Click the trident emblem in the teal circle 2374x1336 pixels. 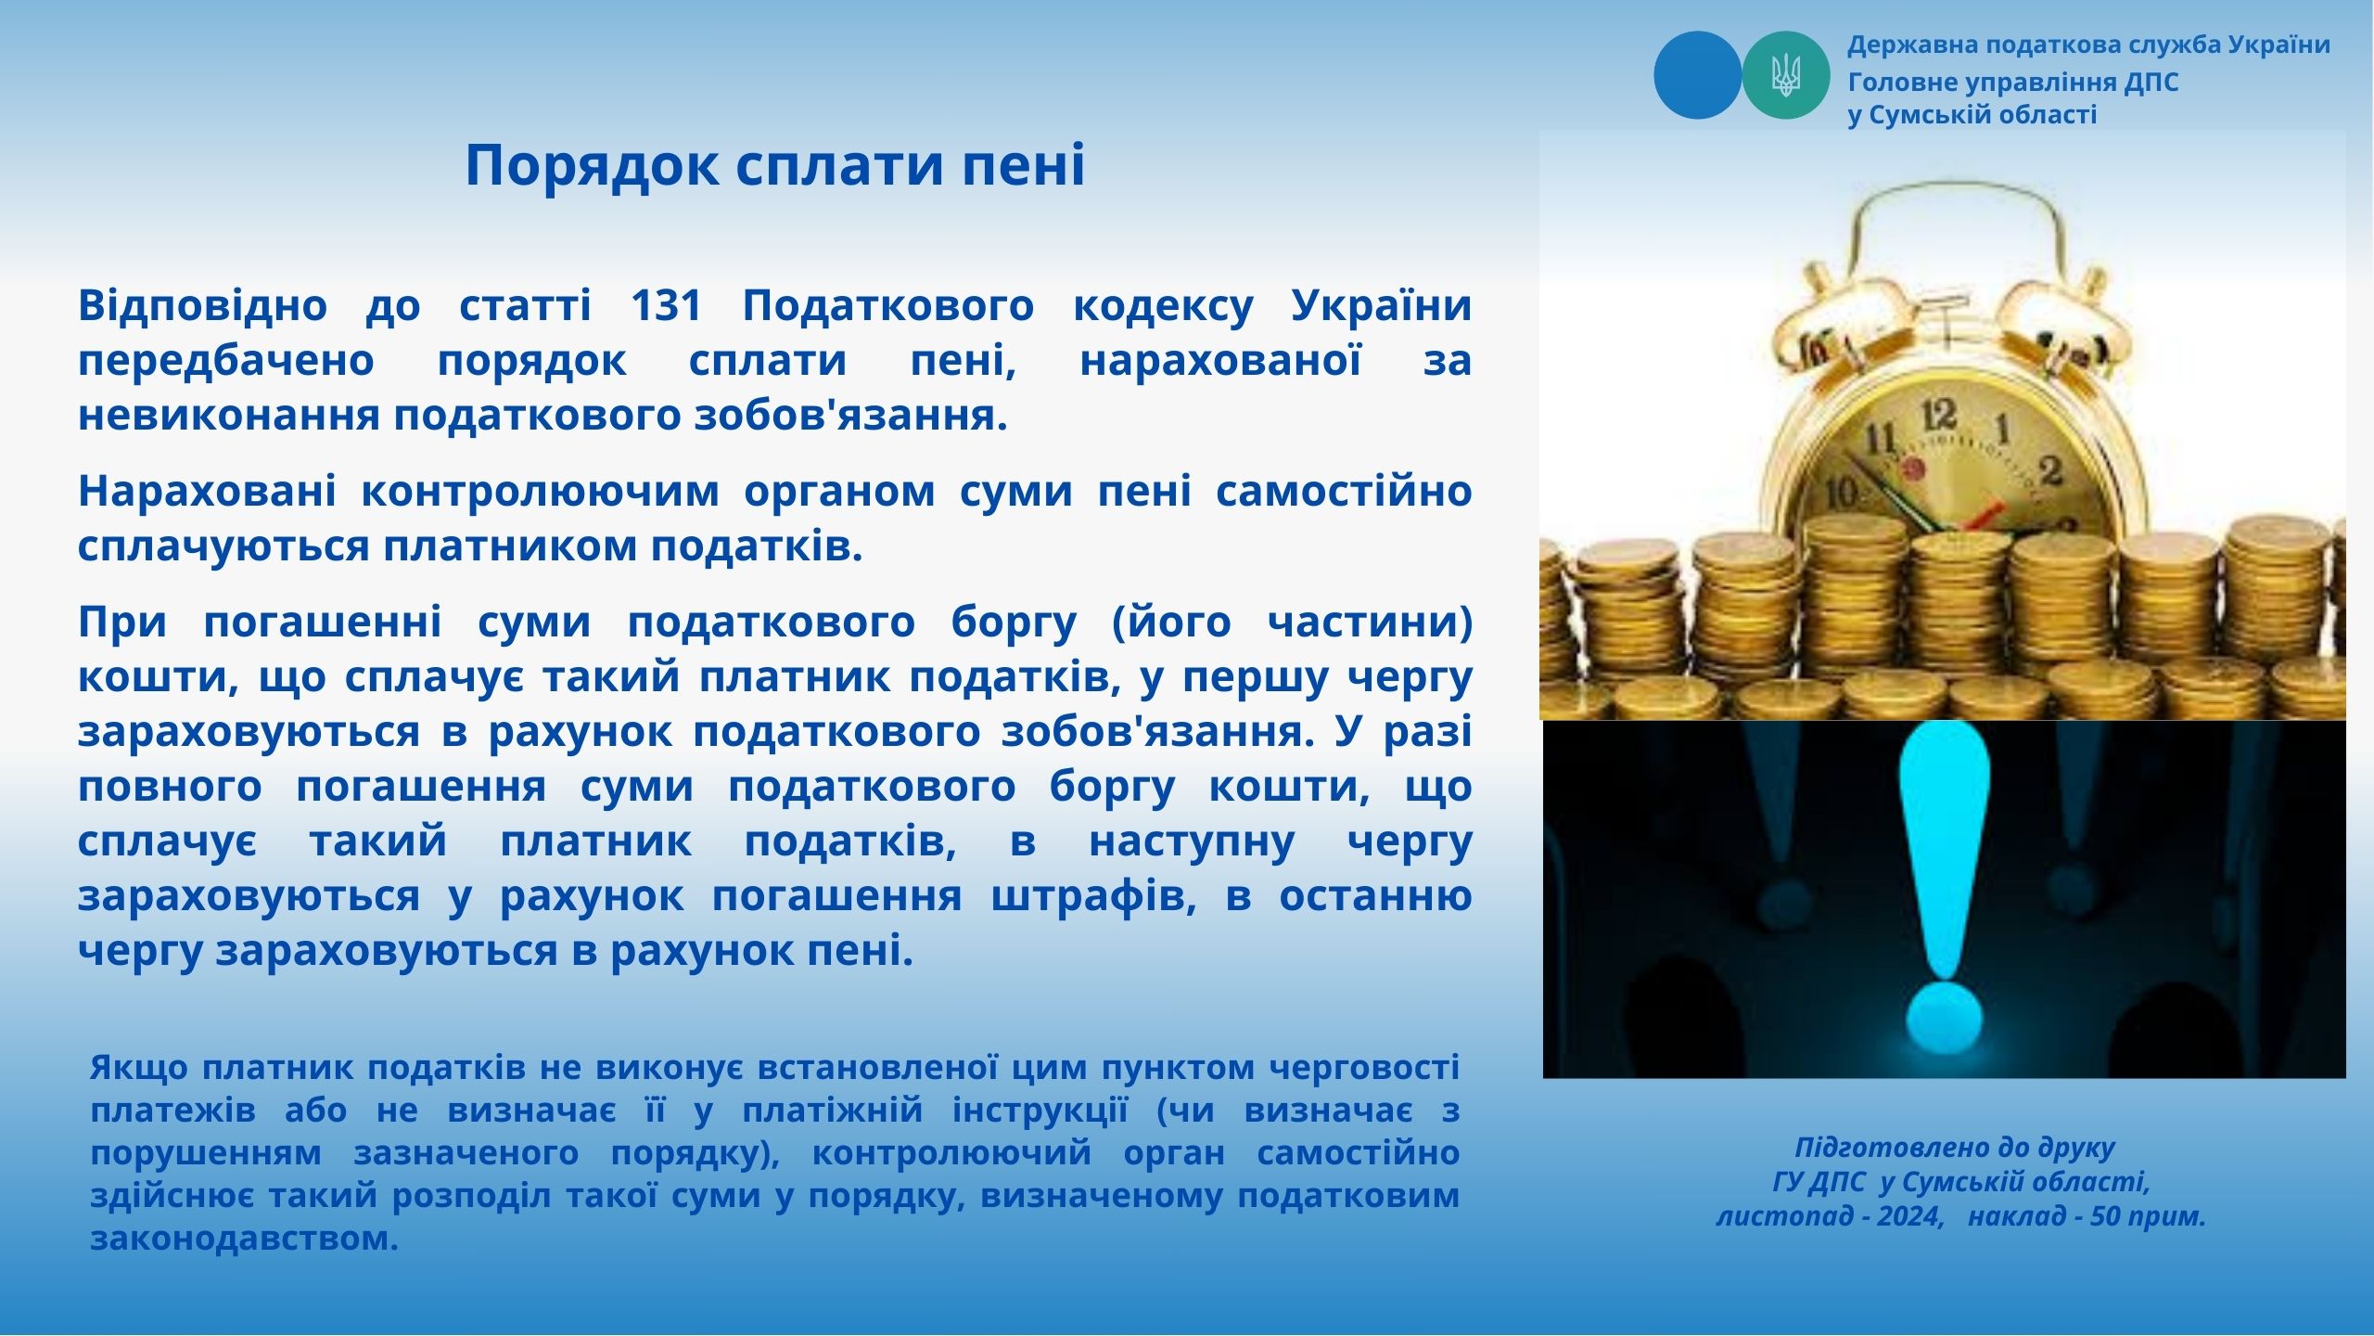[1785, 75]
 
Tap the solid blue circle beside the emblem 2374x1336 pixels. [1697, 75]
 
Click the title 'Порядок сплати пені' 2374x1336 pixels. [774, 166]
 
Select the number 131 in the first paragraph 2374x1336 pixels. [666, 305]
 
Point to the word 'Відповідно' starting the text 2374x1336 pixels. [202, 307]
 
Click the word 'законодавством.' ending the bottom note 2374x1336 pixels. [245, 1239]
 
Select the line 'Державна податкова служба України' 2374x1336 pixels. [2088, 45]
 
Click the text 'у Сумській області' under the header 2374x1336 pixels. [1972, 115]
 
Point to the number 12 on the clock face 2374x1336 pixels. [1940, 414]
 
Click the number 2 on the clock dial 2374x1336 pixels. [2051, 471]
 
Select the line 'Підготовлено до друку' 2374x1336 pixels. [1955, 1148]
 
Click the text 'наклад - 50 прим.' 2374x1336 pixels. [2087, 1216]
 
